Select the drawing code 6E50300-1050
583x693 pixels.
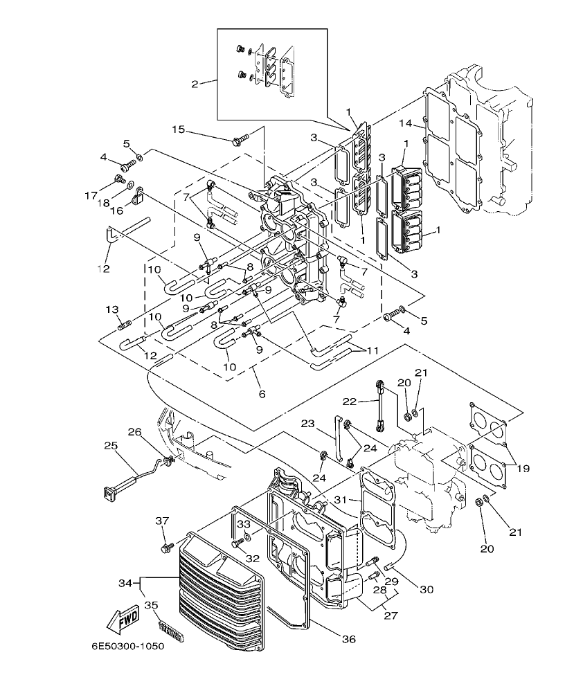tap(127, 647)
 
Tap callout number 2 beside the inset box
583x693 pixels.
tap(195, 84)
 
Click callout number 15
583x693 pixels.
tap(179, 129)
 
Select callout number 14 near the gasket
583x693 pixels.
tap(406, 123)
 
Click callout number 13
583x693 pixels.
tap(111, 309)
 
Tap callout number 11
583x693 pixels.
tap(373, 351)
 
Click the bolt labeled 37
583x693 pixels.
tap(165, 548)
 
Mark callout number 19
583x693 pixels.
tap(523, 468)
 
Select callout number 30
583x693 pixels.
tap(427, 589)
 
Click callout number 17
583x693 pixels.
tap(91, 196)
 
